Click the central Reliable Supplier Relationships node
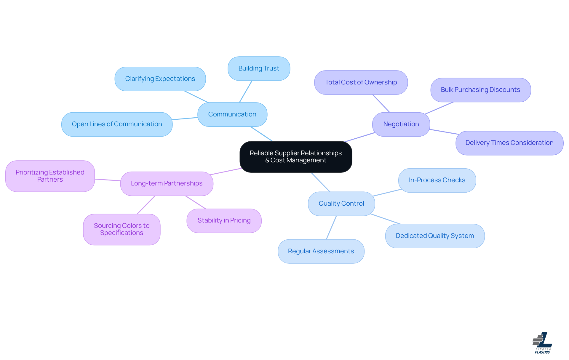295,157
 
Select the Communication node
232,114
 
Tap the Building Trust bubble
259,68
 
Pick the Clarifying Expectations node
160,79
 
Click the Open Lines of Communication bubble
117,124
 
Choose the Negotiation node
401,124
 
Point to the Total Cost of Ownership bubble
361,82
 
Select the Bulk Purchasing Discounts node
480,90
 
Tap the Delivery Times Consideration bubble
509,143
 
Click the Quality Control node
341,204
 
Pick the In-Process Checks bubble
437,180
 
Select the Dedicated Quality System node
435,236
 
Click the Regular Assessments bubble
321,251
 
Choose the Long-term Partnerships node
167,183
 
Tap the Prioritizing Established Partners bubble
50,176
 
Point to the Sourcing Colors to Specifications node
122,229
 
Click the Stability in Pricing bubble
224,220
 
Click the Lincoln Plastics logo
542,343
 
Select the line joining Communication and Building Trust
246,92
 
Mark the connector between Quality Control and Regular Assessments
331,228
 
